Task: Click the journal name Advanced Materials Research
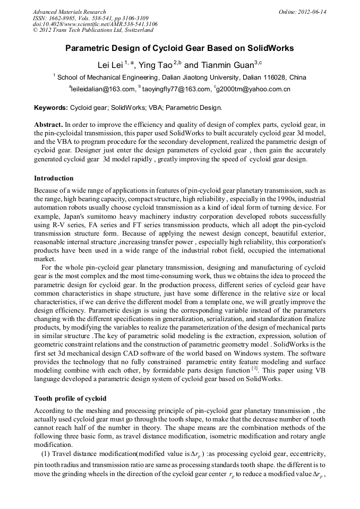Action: [x=69, y=12]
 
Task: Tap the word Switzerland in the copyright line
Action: [x=136, y=30]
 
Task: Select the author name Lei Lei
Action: [x=110, y=65]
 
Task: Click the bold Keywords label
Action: [x=51, y=108]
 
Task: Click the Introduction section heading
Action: [x=54, y=178]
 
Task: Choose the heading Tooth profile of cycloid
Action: [x=70, y=398]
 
